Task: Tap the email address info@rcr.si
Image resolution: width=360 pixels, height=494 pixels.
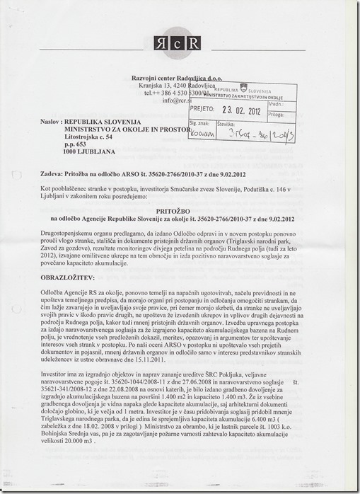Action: (x=177, y=100)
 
